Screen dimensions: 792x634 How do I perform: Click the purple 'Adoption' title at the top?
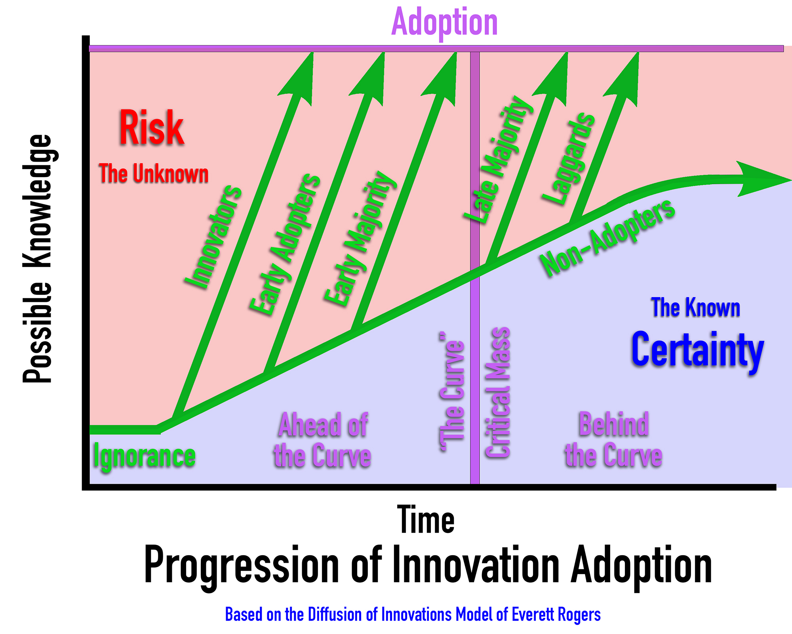[444, 22]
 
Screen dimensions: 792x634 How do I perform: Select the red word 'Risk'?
[152, 128]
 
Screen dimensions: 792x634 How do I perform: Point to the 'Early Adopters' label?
[285, 244]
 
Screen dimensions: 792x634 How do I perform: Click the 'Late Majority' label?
[498, 159]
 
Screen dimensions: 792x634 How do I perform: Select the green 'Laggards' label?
[569, 158]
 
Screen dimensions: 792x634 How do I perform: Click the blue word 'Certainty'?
[697, 350]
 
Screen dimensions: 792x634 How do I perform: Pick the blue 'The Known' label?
[696, 307]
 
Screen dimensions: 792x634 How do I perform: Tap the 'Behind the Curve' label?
[613, 439]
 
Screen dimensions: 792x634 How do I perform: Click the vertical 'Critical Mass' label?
[497, 392]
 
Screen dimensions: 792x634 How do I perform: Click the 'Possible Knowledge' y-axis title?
[37, 258]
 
